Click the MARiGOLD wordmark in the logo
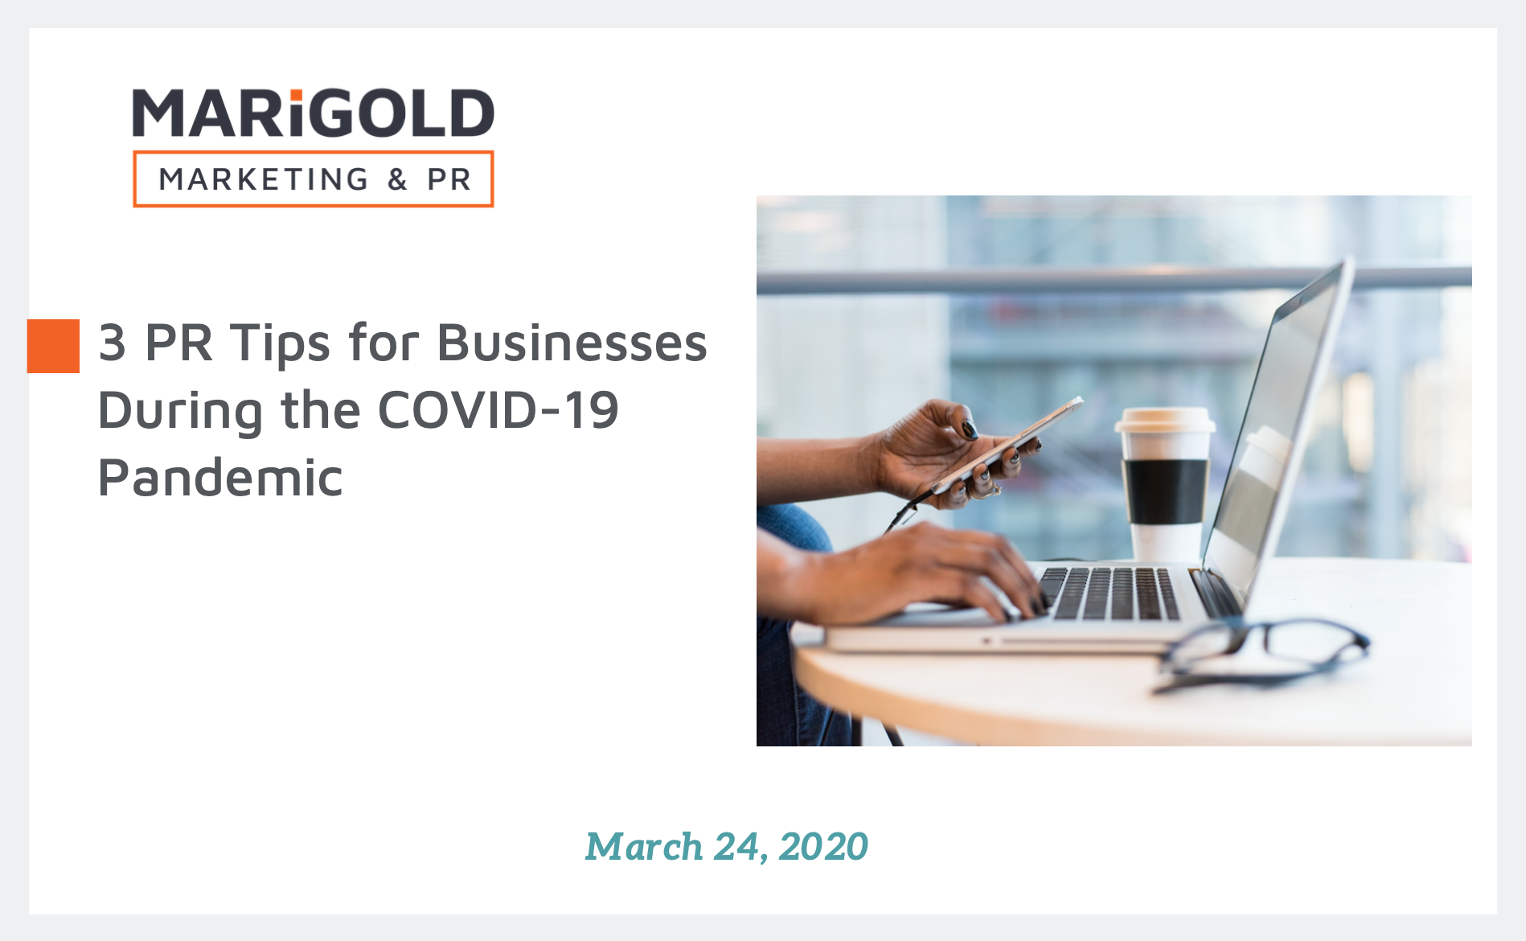(x=313, y=113)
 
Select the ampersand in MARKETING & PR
(x=397, y=179)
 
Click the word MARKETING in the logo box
(x=264, y=179)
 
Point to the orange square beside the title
(x=53, y=346)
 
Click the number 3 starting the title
(x=112, y=343)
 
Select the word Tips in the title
(x=280, y=344)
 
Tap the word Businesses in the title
(x=572, y=343)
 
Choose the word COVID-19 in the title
(x=498, y=410)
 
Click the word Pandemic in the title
(x=220, y=478)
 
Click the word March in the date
(x=644, y=847)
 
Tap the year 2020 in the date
(x=823, y=847)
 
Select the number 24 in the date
(x=736, y=847)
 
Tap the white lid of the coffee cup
(x=1164, y=421)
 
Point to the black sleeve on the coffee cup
(x=1165, y=491)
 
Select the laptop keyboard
(x=1114, y=594)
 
